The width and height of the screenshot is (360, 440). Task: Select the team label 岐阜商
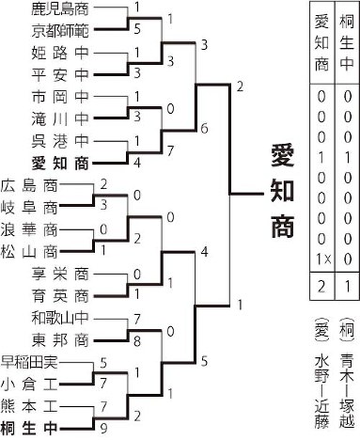click(29, 205)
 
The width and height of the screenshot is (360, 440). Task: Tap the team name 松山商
click(29, 249)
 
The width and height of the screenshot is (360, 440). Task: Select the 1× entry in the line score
click(322, 258)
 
